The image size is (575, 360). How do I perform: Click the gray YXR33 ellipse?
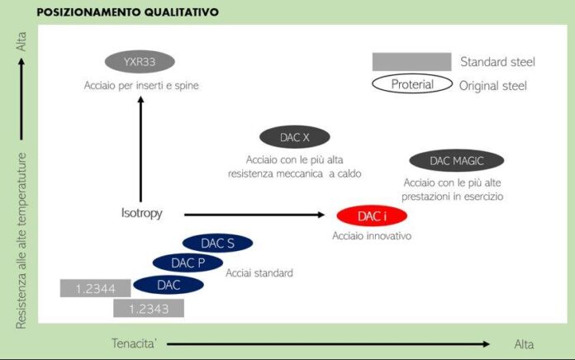[x=141, y=63]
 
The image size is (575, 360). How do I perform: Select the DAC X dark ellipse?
[x=295, y=137]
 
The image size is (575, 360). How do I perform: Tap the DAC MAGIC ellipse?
[x=457, y=160]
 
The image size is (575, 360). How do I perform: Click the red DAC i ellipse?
[x=371, y=216]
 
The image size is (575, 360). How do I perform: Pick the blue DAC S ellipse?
[x=217, y=244]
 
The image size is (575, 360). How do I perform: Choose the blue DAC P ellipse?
[x=188, y=263]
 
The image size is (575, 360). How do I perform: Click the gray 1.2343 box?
[x=148, y=308]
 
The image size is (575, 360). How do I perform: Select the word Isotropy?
[x=141, y=214]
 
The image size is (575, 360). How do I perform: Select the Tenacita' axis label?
[x=135, y=343]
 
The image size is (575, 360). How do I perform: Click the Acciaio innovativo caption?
[x=372, y=237]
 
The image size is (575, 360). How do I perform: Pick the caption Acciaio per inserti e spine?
[x=141, y=86]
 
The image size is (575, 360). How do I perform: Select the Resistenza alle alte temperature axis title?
[x=22, y=239]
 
